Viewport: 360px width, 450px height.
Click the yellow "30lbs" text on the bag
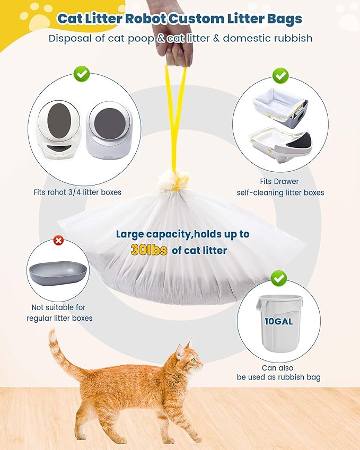click(149, 250)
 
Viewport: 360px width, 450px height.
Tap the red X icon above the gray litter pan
click(59, 241)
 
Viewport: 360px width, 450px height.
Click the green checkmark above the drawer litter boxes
click(280, 75)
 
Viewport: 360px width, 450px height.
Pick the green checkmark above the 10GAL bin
click(278, 277)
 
